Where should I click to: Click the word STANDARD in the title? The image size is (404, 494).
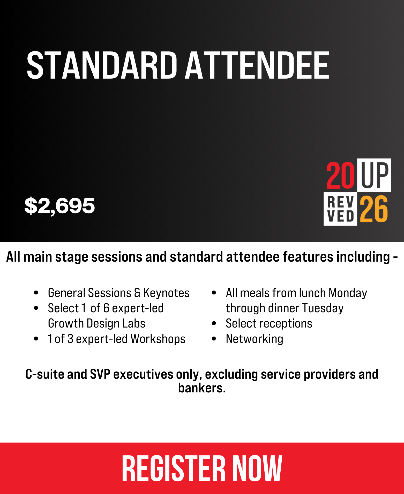102,65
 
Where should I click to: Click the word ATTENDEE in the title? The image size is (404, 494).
257,65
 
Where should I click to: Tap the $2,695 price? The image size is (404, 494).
59,206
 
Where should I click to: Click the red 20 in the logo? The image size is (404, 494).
340,175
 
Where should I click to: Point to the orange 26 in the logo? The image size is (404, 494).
374,209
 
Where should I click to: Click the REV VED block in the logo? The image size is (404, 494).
340,209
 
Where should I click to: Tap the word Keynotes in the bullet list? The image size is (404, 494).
166,293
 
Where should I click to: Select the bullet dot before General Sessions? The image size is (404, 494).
36,293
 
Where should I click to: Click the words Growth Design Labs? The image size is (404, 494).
97,323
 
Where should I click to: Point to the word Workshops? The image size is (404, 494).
158,339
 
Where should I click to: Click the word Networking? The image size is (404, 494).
255,339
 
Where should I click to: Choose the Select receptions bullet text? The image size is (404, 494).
269,323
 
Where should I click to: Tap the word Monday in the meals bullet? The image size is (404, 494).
348,293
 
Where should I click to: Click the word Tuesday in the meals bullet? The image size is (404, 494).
323,308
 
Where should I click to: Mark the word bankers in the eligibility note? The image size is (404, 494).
202,388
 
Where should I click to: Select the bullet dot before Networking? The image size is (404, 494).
214,339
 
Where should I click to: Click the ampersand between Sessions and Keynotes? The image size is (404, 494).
137,293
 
